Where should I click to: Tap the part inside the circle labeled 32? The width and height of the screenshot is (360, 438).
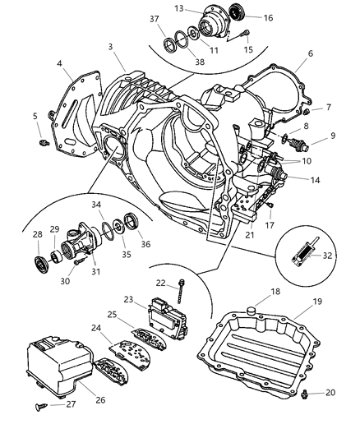(307, 256)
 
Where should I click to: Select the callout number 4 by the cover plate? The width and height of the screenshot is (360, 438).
(61, 61)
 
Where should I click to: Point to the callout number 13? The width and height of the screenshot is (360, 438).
(178, 8)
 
